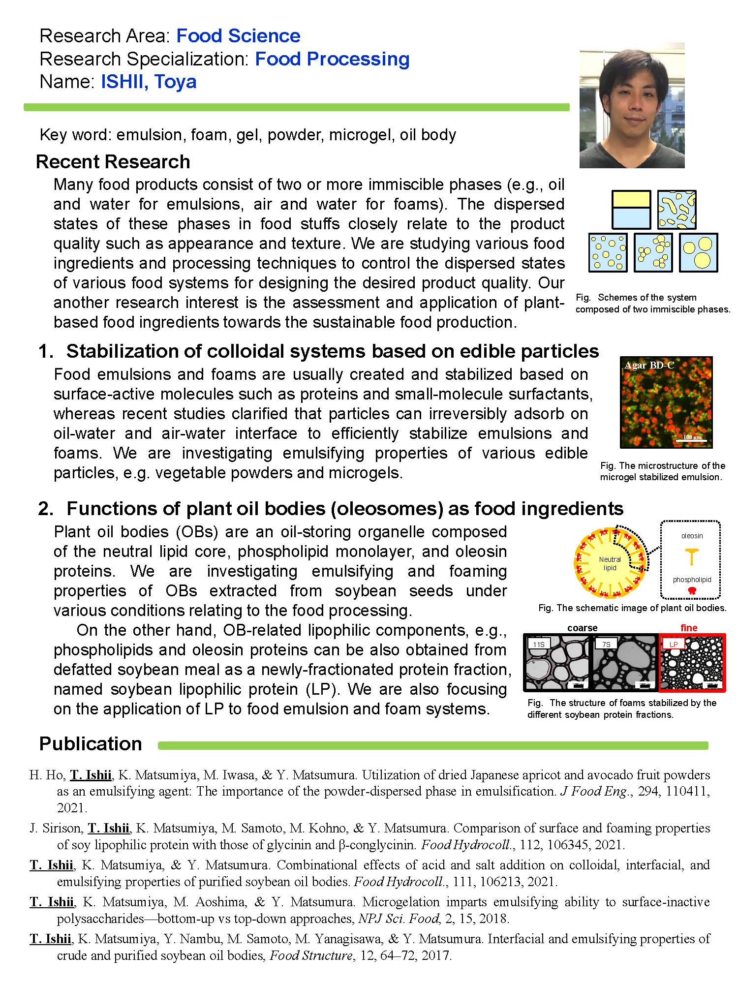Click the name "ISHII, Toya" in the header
[149, 82]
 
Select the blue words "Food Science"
[238, 36]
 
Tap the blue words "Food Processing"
[332, 59]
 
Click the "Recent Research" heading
[113, 162]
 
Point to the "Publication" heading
[91, 743]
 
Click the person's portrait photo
[632, 106]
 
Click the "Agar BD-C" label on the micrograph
[649, 365]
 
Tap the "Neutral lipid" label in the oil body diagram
[610, 564]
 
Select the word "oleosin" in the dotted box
[692, 536]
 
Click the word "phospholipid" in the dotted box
[692, 580]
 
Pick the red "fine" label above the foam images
[689, 628]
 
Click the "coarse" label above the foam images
[582, 628]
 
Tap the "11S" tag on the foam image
[539, 644]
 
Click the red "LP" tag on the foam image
[674, 644]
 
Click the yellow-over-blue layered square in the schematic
[631, 210]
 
